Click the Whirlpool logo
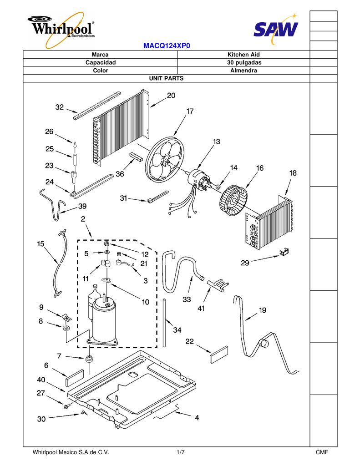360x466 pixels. click(x=61, y=29)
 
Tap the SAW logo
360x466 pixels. click(x=276, y=29)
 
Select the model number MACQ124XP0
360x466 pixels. click(x=167, y=46)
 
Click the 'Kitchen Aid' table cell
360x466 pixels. click(x=243, y=55)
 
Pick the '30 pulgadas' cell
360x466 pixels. click(x=243, y=63)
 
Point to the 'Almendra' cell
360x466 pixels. click(x=243, y=71)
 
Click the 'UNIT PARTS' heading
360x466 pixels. click(x=166, y=78)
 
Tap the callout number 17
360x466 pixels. click(x=190, y=111)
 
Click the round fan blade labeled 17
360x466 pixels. click(x=165, y=160)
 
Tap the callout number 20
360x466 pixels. click(x=171, y=96)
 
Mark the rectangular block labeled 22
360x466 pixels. click(x=219, y=355)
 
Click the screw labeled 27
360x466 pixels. click(x=66, y=405)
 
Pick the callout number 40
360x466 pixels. click(x=41, y=380)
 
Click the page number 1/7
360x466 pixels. click(x=180, y=452)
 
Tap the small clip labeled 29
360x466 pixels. click(x=284, y=252)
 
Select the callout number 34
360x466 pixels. click(x=177, y=330)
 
